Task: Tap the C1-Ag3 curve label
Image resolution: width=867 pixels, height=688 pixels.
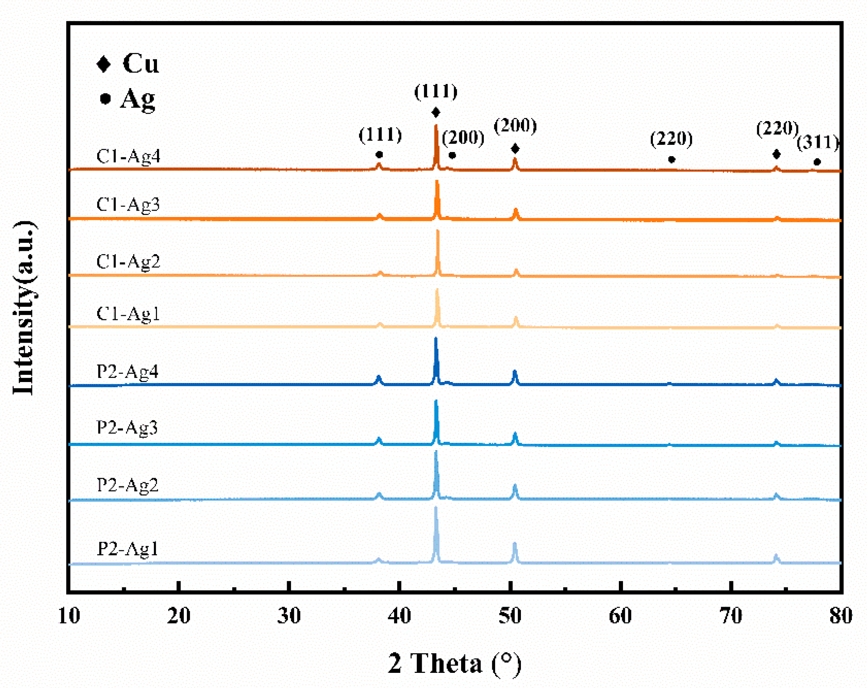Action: coord(128,205)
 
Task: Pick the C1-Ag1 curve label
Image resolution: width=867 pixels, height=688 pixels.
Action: coord(128,313)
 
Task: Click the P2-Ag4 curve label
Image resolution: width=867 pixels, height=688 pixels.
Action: coord(127,371)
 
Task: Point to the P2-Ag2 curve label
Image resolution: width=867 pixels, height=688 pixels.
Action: coord(127,485)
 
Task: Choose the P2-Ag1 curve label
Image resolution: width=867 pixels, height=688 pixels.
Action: coord(127,548)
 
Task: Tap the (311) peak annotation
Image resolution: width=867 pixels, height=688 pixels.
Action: coord(817,143)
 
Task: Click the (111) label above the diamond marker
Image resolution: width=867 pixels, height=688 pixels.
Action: coord(436,92)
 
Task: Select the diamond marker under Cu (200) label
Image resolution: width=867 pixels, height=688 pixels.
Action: coord(515,149)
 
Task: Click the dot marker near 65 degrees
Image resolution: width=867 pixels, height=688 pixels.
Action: coord(671,160)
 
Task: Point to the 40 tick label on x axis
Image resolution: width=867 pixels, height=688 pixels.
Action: coord(399,616)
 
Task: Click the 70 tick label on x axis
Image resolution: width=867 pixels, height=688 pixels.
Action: coord(731,616)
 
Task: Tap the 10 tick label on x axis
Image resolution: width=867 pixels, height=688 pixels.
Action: coord(69,616)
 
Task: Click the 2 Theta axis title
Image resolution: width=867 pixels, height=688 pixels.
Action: coord(454,663)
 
